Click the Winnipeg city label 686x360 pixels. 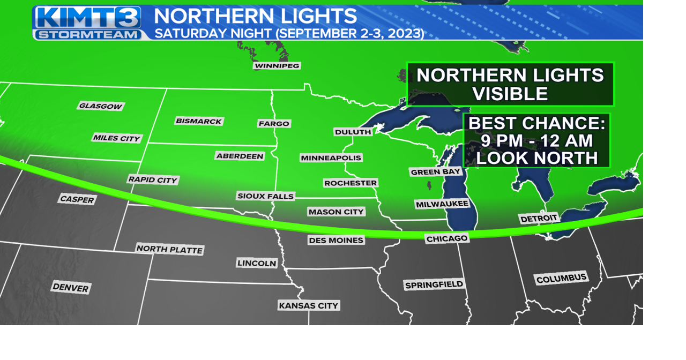pos(277,66)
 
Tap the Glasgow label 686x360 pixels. pos(101,106)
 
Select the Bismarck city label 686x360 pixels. pos(199,121)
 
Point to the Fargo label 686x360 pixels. pos(274,123)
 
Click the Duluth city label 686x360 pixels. pos(353,132)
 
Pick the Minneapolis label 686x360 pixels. pos(331,157)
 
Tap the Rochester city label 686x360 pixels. pos(351,183)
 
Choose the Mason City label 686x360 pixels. pos(336,212)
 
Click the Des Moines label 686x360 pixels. pos(336,240)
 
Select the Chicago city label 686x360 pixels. pos(447,238)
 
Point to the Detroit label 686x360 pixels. pos(539,219)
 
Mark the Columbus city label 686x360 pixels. pos(562,279)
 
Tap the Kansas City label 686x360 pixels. pos(309,305)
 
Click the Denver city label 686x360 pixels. pos(71,288)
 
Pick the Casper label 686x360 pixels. pos(77,199)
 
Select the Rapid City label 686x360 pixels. pos(153,179)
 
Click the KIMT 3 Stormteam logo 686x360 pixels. pos(88,22)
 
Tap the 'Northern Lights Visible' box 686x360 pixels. pos(510,84)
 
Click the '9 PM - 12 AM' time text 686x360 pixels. pos(536,141)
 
